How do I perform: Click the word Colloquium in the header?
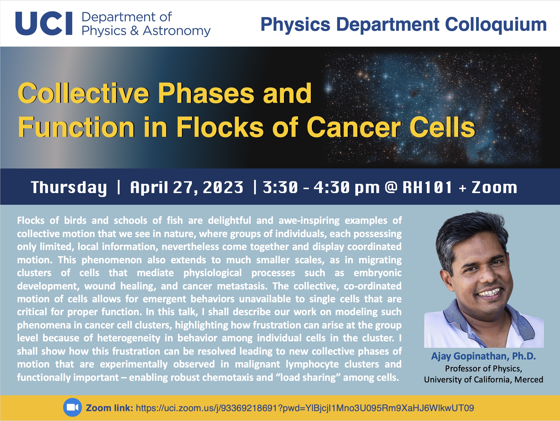click(x=496, y=25)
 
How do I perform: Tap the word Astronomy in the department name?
click(x=177, y=31)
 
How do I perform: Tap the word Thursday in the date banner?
click(x=69, y=188)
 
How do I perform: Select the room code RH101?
click(x=427, y=187)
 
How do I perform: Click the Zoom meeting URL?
click(x=305, y=408)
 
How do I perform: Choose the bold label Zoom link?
click(x=109, y=408)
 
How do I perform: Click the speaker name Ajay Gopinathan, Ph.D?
click(x=484, y=356)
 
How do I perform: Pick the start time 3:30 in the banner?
click(x=280, y=187)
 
